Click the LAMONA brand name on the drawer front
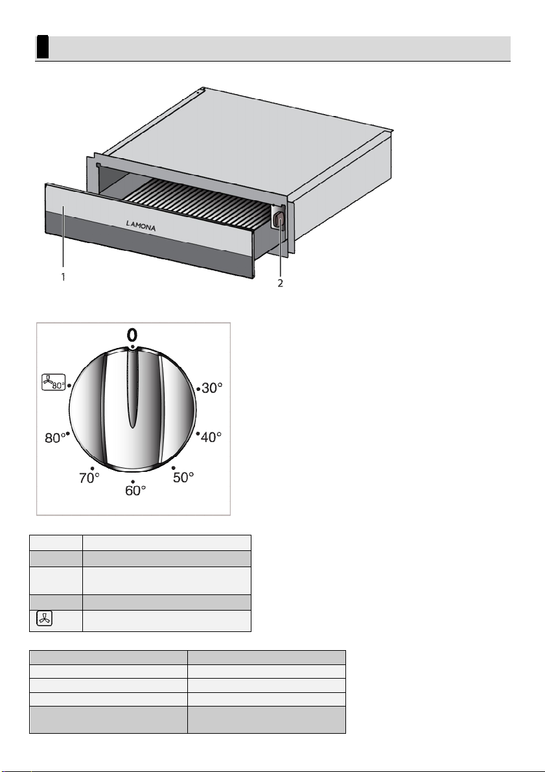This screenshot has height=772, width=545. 141,226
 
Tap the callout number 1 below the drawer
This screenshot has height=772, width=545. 63,277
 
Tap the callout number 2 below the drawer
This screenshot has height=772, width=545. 280,283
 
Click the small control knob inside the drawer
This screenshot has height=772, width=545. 279,219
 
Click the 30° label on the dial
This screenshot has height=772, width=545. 212,388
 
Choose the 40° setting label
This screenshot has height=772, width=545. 211,437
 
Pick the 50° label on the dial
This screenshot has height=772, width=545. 183,477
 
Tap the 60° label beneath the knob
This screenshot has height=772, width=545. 135,491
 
